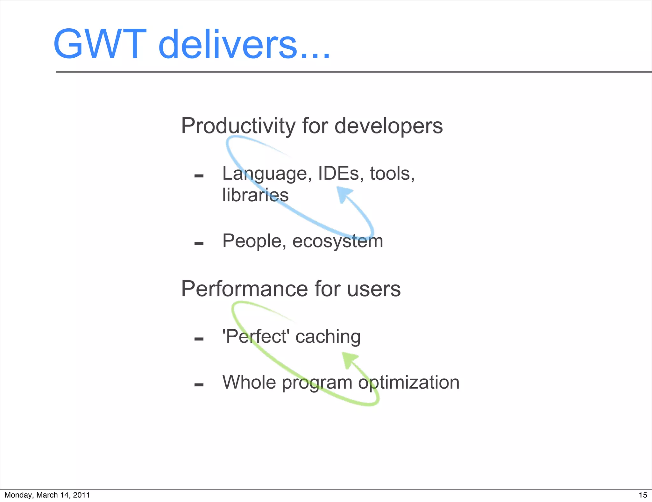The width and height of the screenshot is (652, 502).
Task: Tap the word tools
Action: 392,174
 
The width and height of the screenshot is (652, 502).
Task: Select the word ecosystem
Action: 337,241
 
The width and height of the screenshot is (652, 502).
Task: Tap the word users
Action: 374,289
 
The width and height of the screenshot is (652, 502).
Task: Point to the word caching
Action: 328,337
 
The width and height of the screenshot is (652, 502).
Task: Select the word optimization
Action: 409,382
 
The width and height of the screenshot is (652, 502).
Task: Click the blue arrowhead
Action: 344,194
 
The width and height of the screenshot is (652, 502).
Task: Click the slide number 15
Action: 643,495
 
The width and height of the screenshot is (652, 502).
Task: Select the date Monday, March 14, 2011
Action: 47,495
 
